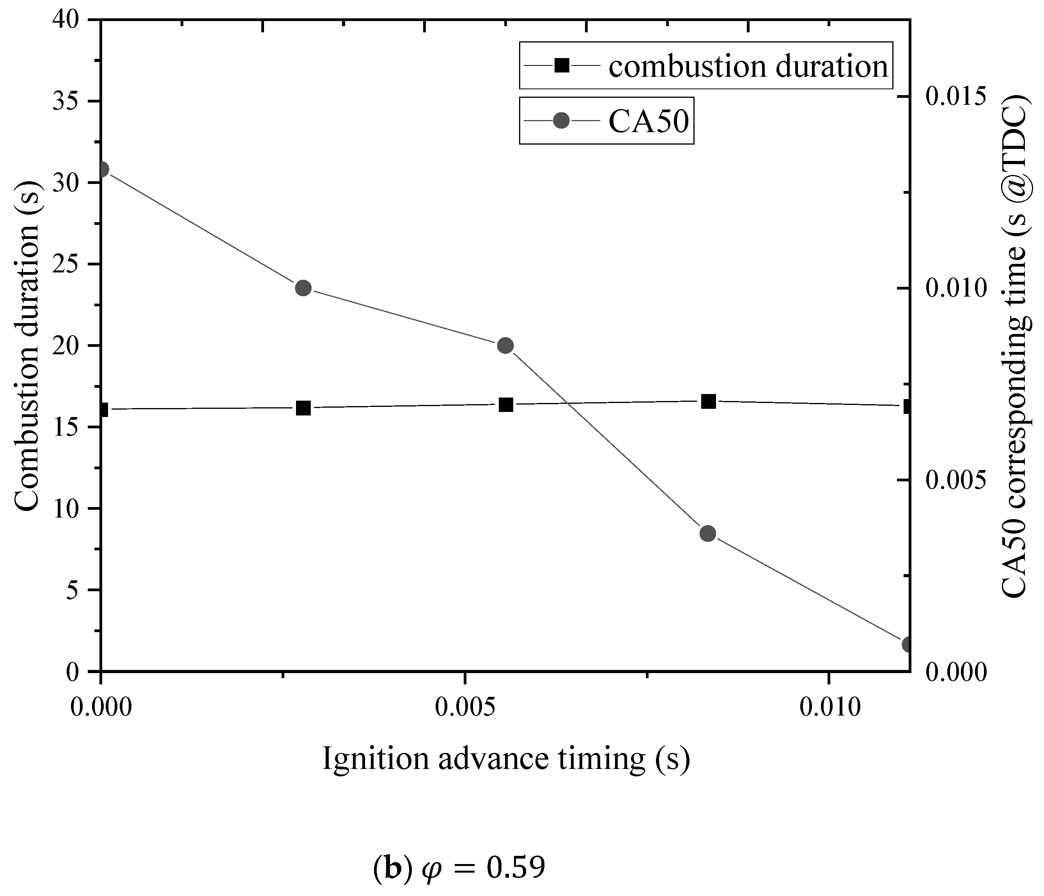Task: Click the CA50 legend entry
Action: [648, 121]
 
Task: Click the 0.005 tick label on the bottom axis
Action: [464, 708]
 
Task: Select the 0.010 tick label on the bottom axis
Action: [829, 708]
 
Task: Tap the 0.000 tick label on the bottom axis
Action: [101, 708]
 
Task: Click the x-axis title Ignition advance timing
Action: [505, 759]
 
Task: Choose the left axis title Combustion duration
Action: [26, 346]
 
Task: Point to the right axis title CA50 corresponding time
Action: [1013, 346]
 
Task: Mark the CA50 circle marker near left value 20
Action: [505, 346]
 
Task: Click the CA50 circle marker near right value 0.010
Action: [303, 288]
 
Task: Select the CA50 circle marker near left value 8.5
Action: [708, 534]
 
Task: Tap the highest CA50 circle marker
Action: [102, 169]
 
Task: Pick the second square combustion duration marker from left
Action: [303, 408]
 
